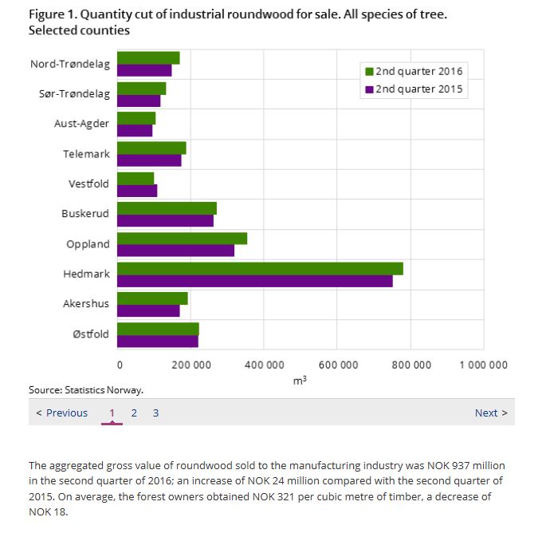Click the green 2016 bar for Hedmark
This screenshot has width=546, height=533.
point(260,268)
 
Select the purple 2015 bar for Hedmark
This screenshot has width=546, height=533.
point(254,281)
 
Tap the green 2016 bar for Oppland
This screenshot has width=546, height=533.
point(182,238)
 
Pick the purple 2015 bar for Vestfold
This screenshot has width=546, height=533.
point(137,190)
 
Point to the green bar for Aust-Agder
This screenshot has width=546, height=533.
point(136,118)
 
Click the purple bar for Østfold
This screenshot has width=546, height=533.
point(157,341)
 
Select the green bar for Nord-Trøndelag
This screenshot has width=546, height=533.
point(148,57)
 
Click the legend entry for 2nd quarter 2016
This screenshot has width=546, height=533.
point(414,71)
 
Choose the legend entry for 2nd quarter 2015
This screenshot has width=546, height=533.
point(414,89)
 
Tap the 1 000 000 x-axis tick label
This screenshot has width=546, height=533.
point(483,365)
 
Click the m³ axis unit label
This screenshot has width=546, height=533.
point(300,381)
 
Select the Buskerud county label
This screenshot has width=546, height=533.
point(85,214)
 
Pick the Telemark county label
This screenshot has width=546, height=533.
point(86,154)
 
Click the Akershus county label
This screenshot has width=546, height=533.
point(86,303)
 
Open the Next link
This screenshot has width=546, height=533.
point(490,413)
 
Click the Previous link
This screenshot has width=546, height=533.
point(62,413)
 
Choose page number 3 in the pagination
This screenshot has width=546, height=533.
point(155,413)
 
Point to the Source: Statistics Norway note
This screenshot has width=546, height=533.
point(86,390)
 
